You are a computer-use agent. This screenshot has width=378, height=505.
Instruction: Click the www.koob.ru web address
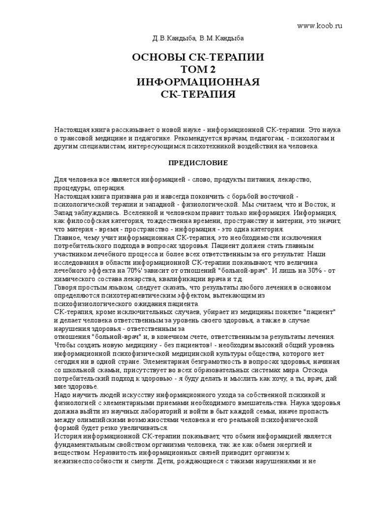[x=319, y=25]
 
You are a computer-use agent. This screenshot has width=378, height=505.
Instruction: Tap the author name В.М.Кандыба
[x=215, y=37]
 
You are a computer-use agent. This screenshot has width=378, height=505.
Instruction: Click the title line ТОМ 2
[x=198, y=70]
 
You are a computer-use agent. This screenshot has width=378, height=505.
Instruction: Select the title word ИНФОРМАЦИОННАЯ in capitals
[x=198, y=81]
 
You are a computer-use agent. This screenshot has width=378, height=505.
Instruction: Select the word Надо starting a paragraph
[x=62, y=396]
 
